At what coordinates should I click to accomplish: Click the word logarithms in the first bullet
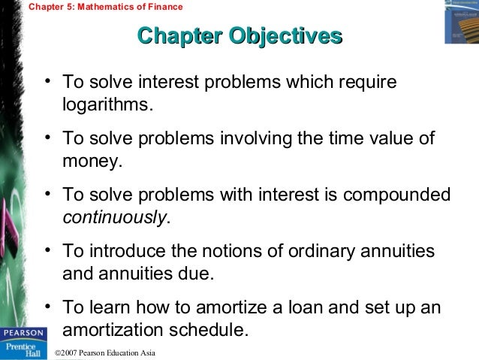tap(107, 104)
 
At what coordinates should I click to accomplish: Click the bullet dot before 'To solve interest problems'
tap(47, 80)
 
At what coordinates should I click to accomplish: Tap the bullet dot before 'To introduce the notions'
tap(47, 252)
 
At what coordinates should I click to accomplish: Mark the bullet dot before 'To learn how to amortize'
tap(47, 309)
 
